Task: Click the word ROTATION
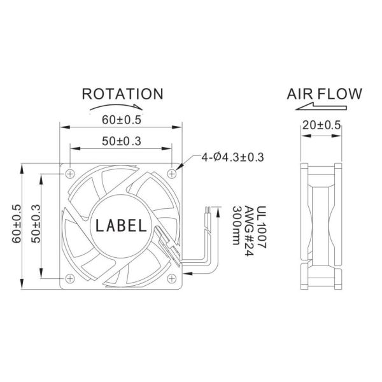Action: (122, 94)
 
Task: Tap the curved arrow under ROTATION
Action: (123, 109)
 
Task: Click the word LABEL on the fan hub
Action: (122, 225)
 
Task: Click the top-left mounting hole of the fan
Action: (69, 173)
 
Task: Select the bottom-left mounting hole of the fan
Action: (69, 278)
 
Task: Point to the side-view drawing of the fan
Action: (322, 226)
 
